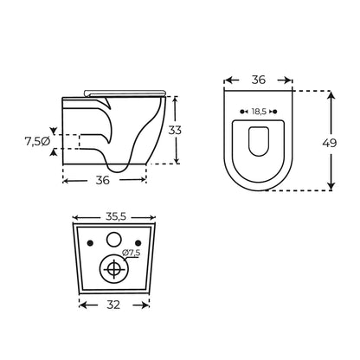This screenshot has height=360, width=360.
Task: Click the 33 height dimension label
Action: pyautogui.click(x=175, y=131)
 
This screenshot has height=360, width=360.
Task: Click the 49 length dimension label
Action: pyautogui.click(x=330, y=143)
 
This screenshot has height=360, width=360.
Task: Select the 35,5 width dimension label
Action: pyautogui.click(x=116, y=216)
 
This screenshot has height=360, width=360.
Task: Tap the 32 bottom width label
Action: pyautogui.click(x=113, y=305)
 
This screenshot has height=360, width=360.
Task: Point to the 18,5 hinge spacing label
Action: pyautogui.click(x=259, y=112)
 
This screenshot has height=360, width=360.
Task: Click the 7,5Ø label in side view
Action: pyautogui.click(x=37, y=141)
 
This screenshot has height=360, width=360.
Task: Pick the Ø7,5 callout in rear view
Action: pyautogui.click(x=132, y=253)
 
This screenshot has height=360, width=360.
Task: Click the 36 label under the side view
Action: pyautogui.click(x=103, y=180)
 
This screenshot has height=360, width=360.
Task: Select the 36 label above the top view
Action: pyautogui.click(x=258, y=80)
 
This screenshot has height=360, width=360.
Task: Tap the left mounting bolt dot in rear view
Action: pyautogui.click(x=90, y=243)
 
